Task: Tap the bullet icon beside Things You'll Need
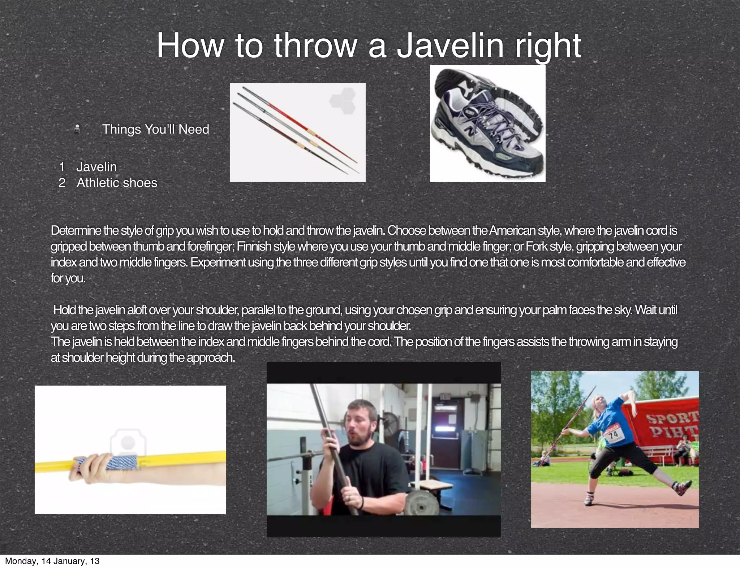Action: (77, 129)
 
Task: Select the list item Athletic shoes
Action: (117, 183)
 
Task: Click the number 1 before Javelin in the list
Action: (62, 167)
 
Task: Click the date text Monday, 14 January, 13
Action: (52, 561)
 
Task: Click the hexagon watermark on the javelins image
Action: (342, 101)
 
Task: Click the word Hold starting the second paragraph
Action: (65, 310)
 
